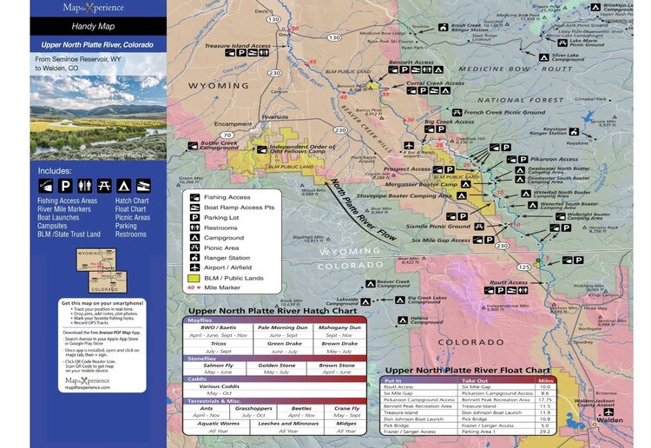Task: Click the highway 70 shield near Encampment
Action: point(226,135)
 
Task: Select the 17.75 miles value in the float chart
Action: point(546,399)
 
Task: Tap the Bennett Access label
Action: point(411,63)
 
